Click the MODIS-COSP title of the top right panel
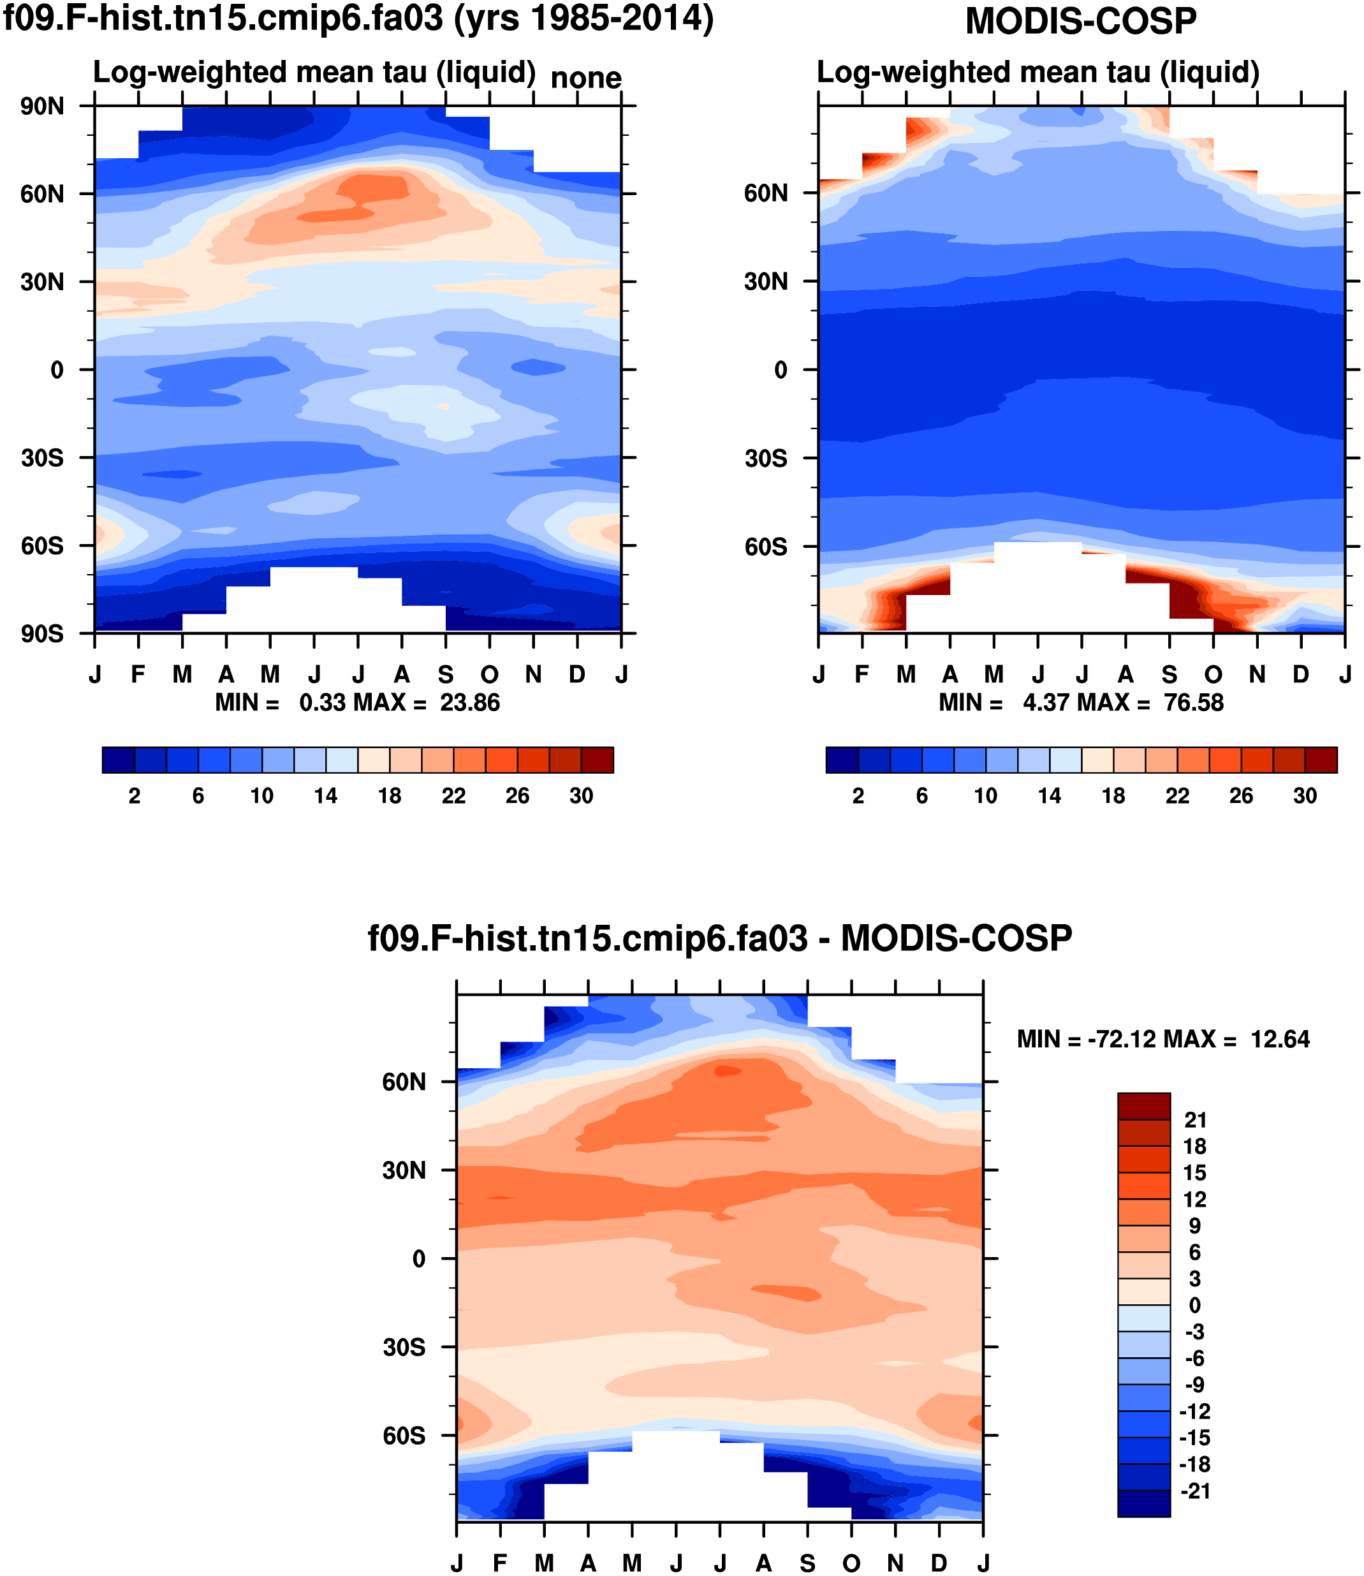(x=1081, y=21)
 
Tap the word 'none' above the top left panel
(x=585, y=78)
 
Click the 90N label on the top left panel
(x=43, y=107)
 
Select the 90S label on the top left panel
(x=43, y=633)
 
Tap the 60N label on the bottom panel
(x=404, y=1082)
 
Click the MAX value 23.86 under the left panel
(x=469, y=702)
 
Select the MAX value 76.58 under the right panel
(x=1194, y=702)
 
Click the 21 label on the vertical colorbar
(x=1195, y=1120)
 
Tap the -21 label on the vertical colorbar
(x=1195, y=1491)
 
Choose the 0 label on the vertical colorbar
(x=1195, y=1305)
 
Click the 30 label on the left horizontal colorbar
(x=581, y=795)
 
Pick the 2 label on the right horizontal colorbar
(x=858, y=795)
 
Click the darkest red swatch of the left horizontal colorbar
(x=597, y=760)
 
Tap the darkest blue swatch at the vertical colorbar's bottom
(x=1143, y=1504)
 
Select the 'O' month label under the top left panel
(x=490, y=675)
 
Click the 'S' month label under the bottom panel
(x=807, y=1563)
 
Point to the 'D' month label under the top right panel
(x=1301, y=675)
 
